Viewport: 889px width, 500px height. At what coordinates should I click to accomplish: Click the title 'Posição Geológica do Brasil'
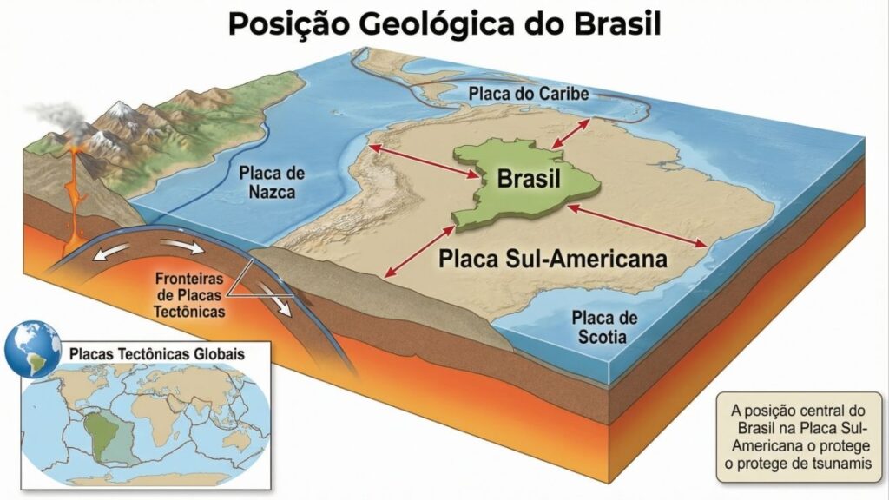point(444,23)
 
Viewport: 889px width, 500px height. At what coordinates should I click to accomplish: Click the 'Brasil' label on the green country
point(529,180)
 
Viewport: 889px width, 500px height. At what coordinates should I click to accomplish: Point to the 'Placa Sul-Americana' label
point(552,259)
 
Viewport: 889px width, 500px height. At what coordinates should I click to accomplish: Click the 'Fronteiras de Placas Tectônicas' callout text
point(193,295)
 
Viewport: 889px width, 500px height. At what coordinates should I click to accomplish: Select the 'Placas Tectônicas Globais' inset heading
point(156,355)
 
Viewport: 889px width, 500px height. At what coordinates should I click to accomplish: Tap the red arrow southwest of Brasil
point(419,250)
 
